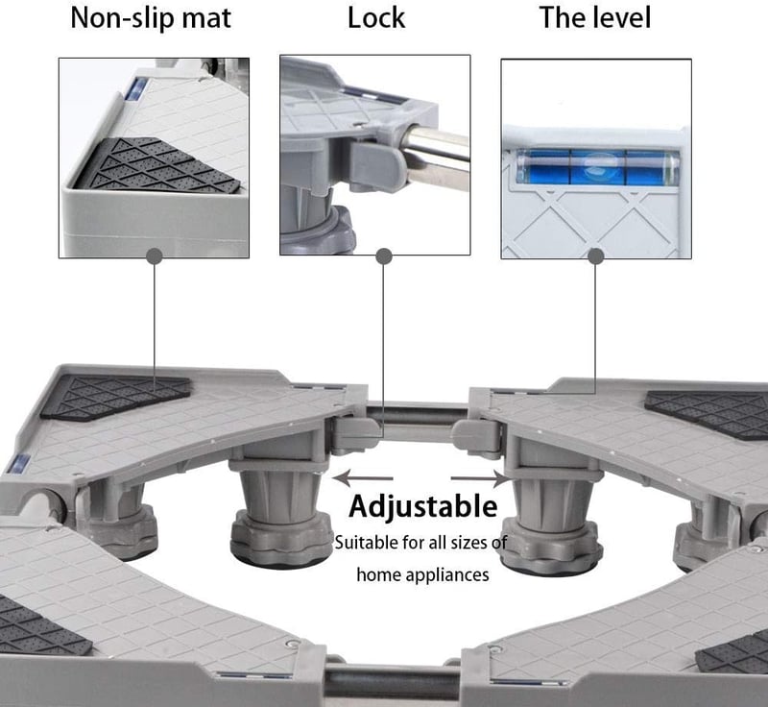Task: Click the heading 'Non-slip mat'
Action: point(151,18)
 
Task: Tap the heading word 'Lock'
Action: point(376,18)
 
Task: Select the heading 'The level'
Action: point(595,17)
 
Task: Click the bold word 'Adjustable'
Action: point(423,506)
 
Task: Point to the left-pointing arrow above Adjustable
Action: point(363,477)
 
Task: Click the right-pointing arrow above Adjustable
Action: point(481,478)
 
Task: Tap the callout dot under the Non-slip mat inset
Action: point(155,256)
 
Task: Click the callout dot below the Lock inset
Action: point(384,256)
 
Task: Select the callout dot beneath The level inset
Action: point(595,256)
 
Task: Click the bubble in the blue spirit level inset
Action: point(598,163)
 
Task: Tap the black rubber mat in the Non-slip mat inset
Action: point(157,164)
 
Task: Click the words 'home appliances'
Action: point(422,574)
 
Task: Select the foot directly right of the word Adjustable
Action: point(550,522)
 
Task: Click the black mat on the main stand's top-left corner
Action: point(115,397)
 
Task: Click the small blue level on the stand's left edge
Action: point(19,464)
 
